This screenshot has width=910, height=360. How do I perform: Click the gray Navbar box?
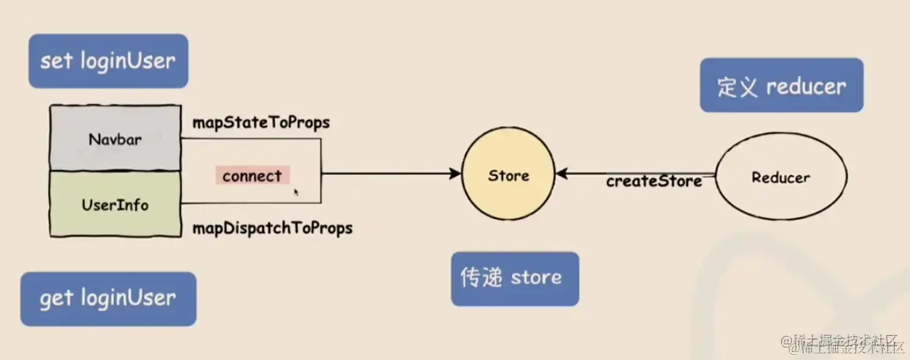[114, 139]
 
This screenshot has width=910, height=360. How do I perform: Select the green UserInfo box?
[114, 205]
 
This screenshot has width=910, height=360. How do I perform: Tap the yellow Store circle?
[508, 176]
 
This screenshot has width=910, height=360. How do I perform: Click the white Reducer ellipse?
[780, 177]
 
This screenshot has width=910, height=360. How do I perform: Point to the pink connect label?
[252, 176]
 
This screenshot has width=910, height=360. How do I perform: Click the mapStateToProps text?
[261, 122]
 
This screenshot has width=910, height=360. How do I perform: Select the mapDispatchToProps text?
[272, 228]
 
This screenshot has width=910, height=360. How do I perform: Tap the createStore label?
[653, 181]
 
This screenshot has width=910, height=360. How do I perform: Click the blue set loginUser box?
[109, 61]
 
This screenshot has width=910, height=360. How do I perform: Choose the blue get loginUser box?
[109, 298]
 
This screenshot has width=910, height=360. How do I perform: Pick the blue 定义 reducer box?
[781, 86]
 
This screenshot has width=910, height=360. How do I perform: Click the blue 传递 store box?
[514, 279]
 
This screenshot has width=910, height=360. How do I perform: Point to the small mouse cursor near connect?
[296, 192]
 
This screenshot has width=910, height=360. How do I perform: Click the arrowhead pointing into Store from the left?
[455, 175]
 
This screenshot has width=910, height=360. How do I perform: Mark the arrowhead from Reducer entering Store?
[562, 175]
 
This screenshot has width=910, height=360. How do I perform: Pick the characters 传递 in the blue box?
[482, 279]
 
